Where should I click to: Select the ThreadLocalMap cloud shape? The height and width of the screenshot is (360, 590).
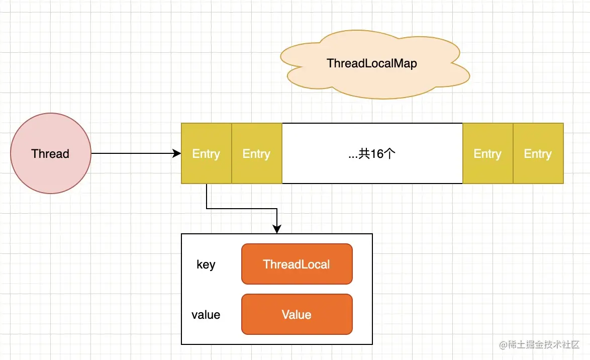pos(372,64)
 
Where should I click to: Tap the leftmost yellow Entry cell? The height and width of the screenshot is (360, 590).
pos(206,153)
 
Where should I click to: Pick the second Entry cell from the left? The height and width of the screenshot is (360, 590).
pos(256,153)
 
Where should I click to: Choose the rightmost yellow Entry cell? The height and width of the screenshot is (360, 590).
pos(538,153)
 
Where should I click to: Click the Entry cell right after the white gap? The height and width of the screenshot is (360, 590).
pos(487,153)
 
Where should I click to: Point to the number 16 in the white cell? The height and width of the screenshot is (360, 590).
pos(377,154)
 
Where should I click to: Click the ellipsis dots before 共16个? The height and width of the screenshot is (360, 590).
pos(353,156)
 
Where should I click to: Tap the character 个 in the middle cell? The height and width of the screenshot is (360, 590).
pos(390,154)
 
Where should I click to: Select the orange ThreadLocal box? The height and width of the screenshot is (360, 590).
pos(297,264)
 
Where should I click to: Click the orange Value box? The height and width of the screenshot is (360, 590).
pos(297,314)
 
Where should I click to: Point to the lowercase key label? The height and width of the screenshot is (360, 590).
pos(206,264)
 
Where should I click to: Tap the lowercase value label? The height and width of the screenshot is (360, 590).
pos(206,315)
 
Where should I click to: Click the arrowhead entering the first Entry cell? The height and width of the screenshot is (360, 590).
pos(177,153)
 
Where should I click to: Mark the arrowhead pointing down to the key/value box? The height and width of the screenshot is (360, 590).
pos(276,229)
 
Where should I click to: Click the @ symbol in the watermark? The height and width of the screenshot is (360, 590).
pos(502,345)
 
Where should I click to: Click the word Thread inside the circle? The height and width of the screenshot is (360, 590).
pos(50,154)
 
